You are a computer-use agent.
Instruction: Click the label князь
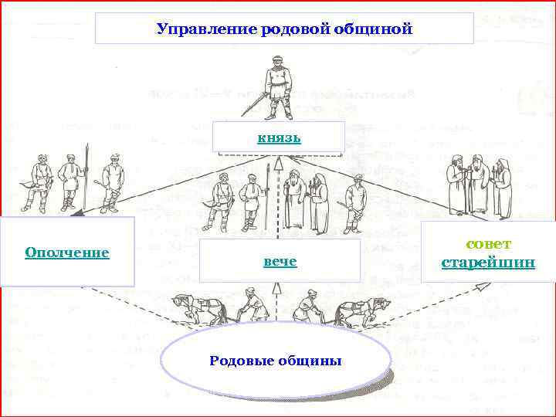pos(278,138)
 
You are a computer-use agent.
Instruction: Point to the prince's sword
pos(257,103)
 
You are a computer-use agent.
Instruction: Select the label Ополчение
pos(66,253)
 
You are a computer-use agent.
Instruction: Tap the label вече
pos(280,261)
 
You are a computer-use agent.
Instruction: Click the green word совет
pos(488,244)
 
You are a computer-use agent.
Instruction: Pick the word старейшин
pos(487,263)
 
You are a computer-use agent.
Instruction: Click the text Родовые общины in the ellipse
pos(276,361)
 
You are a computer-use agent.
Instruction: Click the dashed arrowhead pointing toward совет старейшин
pos(482,286)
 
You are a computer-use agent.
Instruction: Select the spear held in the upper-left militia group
pos(88,174)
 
